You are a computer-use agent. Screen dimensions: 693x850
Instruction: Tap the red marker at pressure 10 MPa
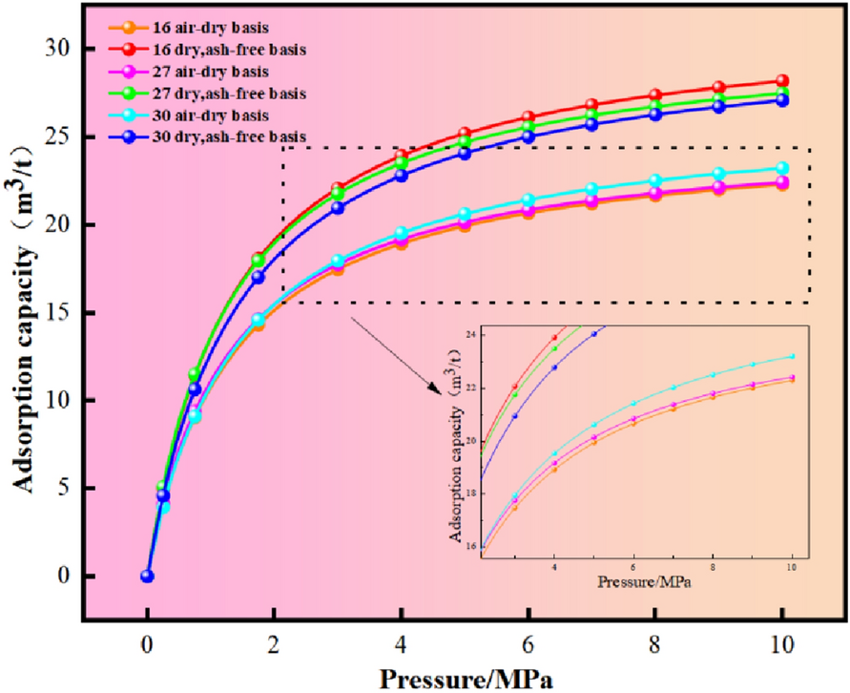(782, 81)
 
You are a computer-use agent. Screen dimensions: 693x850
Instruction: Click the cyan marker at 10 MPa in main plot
(782, 168)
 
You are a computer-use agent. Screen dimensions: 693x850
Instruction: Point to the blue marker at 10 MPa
(782, 99)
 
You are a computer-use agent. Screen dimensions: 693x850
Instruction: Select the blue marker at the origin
(147, 576)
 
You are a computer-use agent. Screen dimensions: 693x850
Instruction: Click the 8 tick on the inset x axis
(712, 565)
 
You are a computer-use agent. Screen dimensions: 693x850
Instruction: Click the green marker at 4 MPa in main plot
(402, 162)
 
